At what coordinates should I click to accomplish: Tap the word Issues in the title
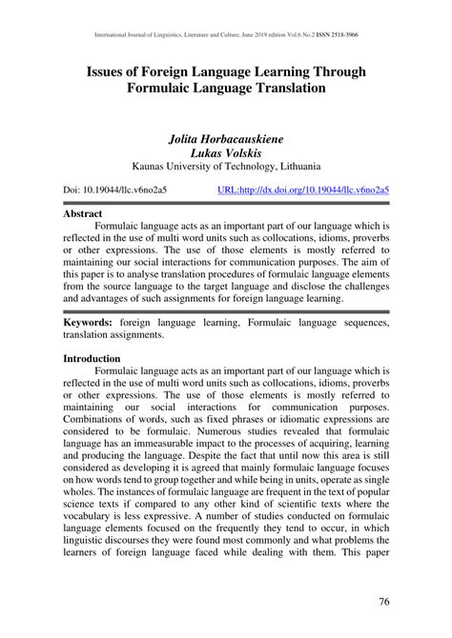[x=113, y=72]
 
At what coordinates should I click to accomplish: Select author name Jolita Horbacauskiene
[x=225, y=139]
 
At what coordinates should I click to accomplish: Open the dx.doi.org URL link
[x=303, y=189]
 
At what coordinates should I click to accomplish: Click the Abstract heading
[x=83, y=214]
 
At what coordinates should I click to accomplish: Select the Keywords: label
[x=92, y=324]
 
